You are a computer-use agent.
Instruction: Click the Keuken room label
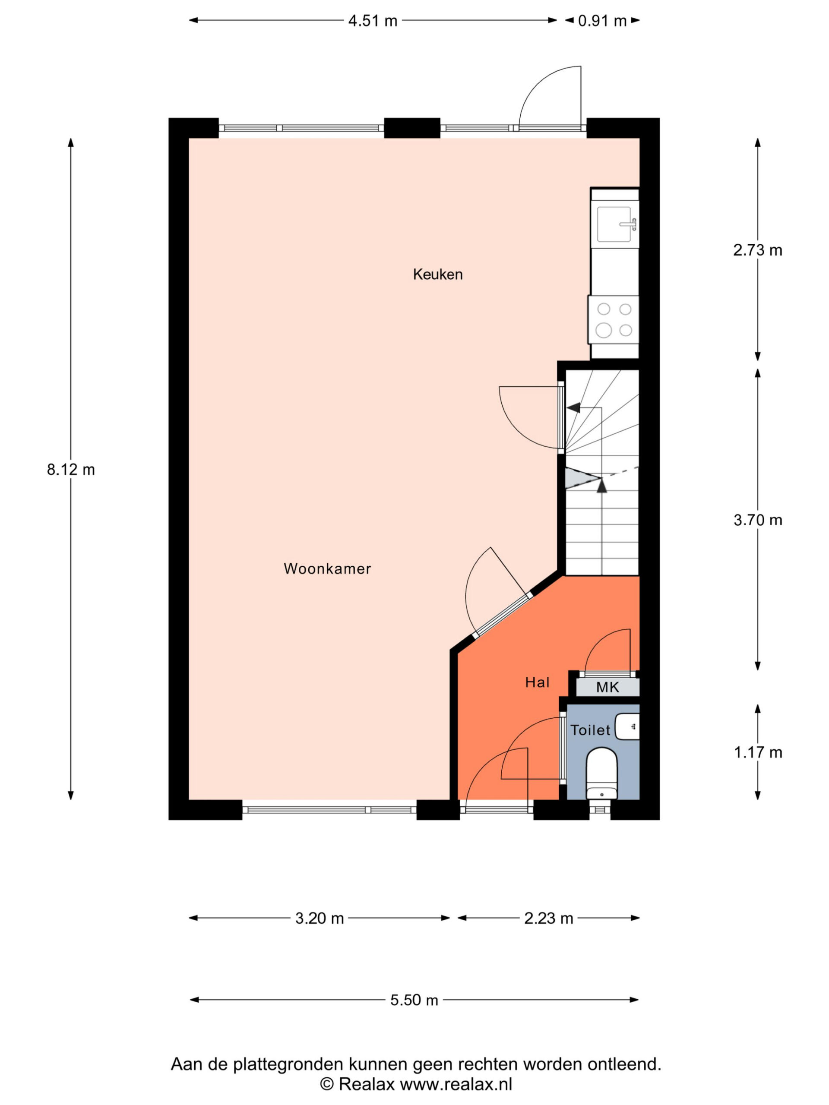[x=437, y=274]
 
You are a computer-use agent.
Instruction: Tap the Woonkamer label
[x=327, y=568]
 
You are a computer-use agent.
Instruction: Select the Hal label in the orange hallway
[x=537, y=682]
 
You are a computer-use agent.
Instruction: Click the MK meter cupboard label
[x=608, y=687]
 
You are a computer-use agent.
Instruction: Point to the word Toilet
[x=591, y=730]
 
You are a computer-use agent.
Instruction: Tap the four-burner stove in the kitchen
[x=614, y=320]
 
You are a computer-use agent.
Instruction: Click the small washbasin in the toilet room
[x=627, y=727]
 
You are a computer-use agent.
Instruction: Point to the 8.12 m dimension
[x=71, y=470]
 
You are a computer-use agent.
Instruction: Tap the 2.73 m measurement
[x=758, y=250]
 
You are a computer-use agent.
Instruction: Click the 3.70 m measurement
[x=758, y=520]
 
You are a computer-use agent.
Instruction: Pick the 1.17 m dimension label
[x=758, y=752]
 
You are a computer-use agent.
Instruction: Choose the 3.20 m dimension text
[x=320, y=918]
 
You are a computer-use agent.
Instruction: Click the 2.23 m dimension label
[x=548, y=918]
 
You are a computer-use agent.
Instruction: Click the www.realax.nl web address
[x=456, y=1084]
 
